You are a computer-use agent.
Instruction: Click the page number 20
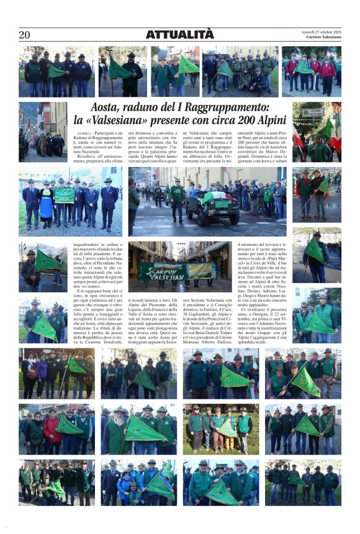24,35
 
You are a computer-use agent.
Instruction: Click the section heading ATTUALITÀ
179,35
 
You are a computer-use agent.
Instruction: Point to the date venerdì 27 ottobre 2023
321,32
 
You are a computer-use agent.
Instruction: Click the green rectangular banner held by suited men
65,196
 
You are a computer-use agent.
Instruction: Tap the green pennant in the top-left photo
56,71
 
